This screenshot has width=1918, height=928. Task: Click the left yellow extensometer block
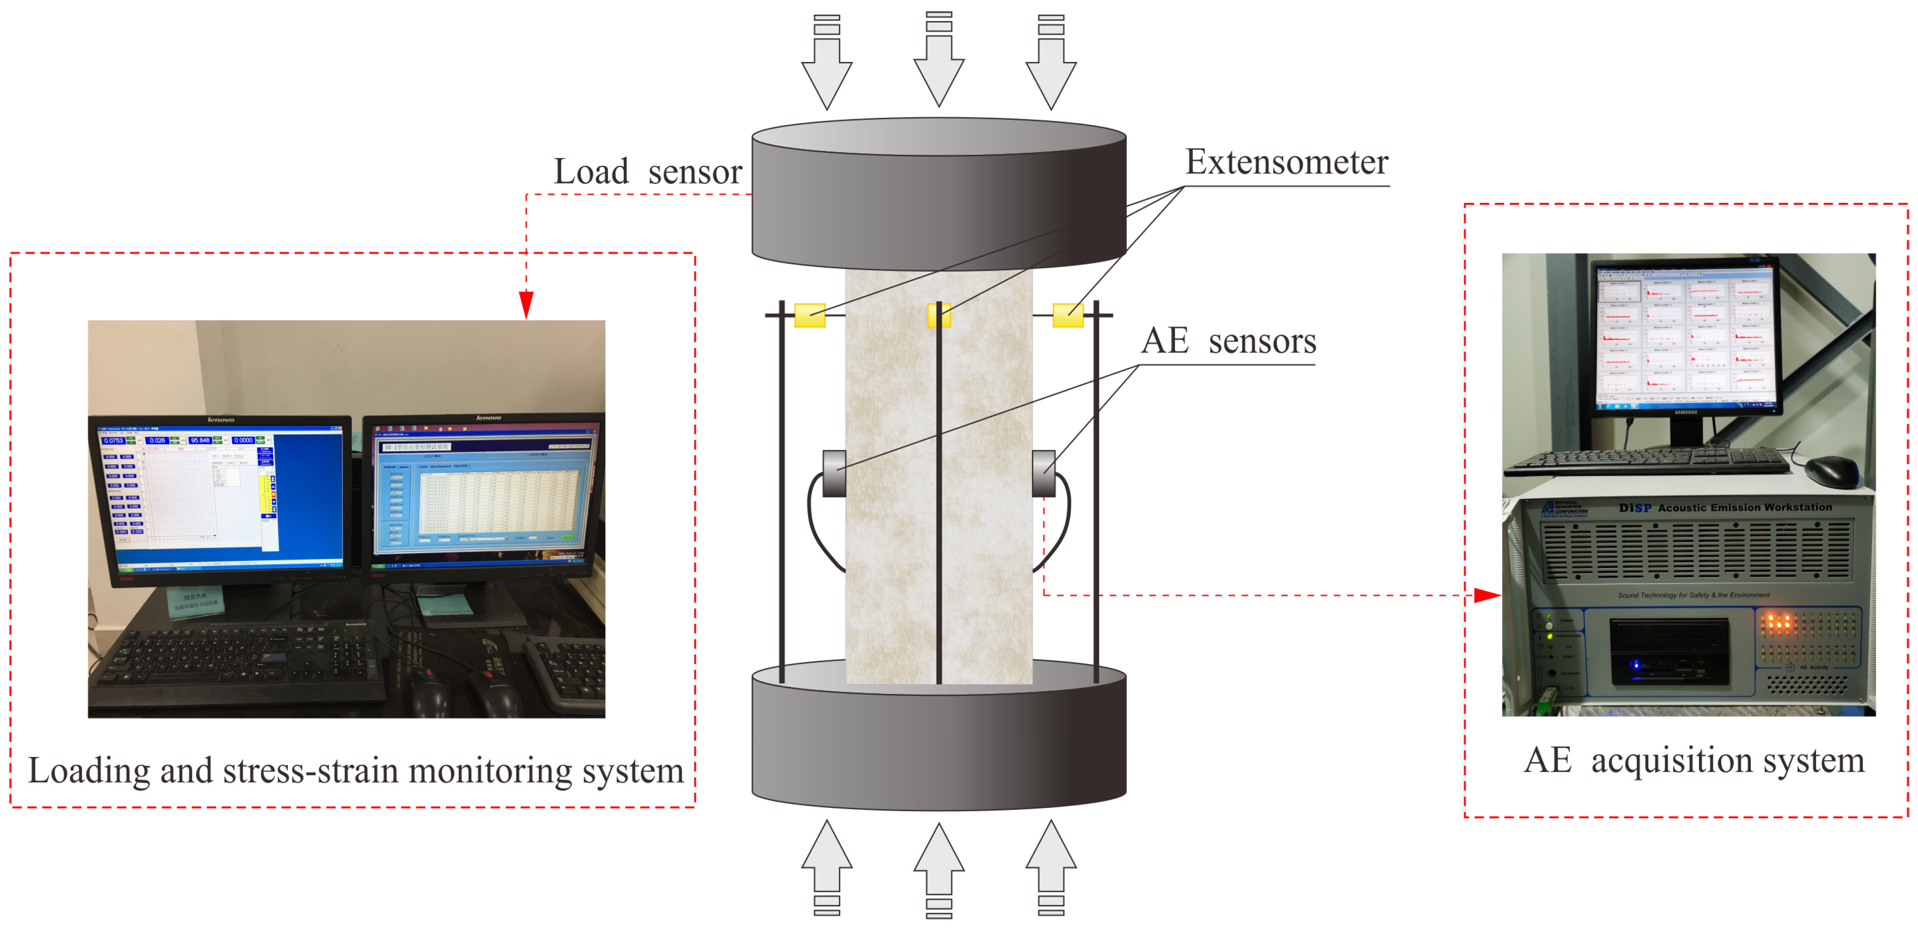(x=809, y=315)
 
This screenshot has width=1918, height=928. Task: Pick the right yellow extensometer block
(x=1068, y=315)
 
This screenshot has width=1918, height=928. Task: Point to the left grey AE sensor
(x=834, y=473)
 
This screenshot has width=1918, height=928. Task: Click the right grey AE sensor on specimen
(x=1044, y=473)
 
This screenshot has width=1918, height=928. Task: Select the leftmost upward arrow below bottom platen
(x=827, y=864)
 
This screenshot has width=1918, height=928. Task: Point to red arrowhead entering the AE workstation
(x=1487, y=595)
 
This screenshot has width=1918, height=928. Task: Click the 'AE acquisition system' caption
(x=1694, y=760)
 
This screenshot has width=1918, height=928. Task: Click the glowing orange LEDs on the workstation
(x=1777, y=623)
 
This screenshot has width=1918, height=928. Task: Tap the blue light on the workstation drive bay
(x=1636, y=664)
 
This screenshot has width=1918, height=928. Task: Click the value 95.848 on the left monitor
(x=199, y=440)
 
